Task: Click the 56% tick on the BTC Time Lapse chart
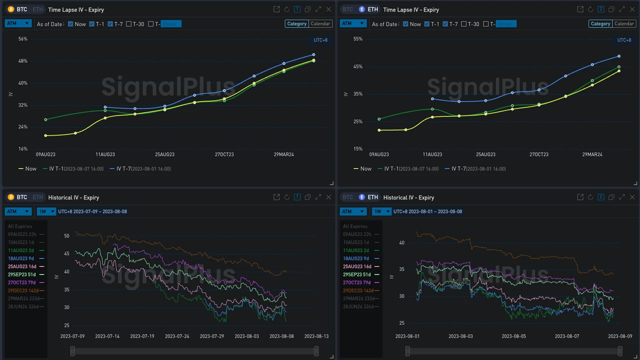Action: pyautogui.click(x=22, y=39)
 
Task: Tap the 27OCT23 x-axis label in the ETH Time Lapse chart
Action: pyautogui.click(x=539, y=154)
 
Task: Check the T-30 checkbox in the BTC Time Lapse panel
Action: pyautogui.click(x=129, y=24)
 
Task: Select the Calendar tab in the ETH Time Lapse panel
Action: pyautogui.click(x=624, y=23)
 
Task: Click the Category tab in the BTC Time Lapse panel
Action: pyautogui.click(x=296, y=23)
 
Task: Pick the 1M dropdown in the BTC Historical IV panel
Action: pyautogui.click(x=46, y=211)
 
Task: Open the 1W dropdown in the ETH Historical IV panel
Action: pyautogui.click(x=381, y=211)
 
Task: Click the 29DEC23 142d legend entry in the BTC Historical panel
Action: pyautogui.click(x=26, y=290)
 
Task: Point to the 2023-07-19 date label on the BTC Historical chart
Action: pyautogui.click(x=142, y=336)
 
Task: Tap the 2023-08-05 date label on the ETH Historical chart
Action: pyautogui.click(x=513, y=336)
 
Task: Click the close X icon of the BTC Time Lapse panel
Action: pyautogui.click(x=328, y=9)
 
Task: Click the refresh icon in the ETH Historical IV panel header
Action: pyautogui.click(x=590, y=197)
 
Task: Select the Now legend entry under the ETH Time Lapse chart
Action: pyautogui.click(x=362, y=169)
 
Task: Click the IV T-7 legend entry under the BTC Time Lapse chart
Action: pyautogui.click(x=140, y=169)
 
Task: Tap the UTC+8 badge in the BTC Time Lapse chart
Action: pyautogui.click(x=320, y=40)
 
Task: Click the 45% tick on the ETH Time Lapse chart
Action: pyautogui.click(x=357, y=66)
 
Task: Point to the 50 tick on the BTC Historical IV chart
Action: pyautogui.click(x=66, y=236)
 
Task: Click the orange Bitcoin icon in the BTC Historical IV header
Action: pyautogui.click(x=11, y=197)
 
